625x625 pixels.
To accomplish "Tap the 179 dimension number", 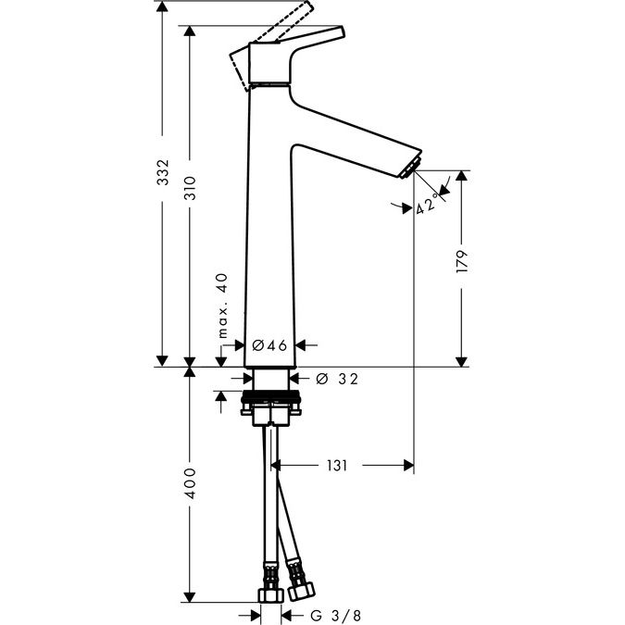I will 462,261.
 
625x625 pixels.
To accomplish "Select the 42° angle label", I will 426,203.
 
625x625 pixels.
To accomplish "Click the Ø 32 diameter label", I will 335,378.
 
